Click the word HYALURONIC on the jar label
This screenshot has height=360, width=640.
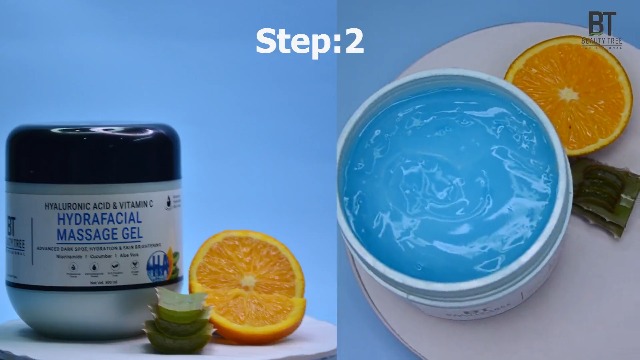[67, 206]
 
